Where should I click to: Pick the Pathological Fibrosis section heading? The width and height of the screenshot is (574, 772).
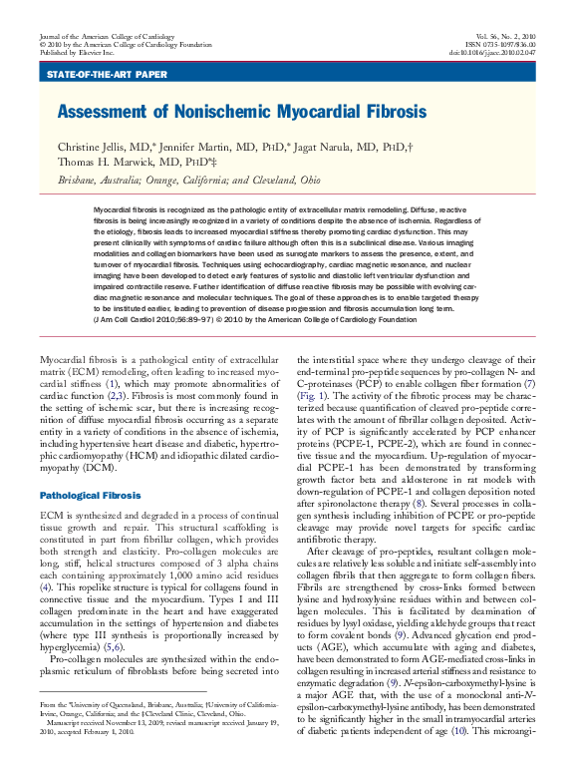tap(90, 495)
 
